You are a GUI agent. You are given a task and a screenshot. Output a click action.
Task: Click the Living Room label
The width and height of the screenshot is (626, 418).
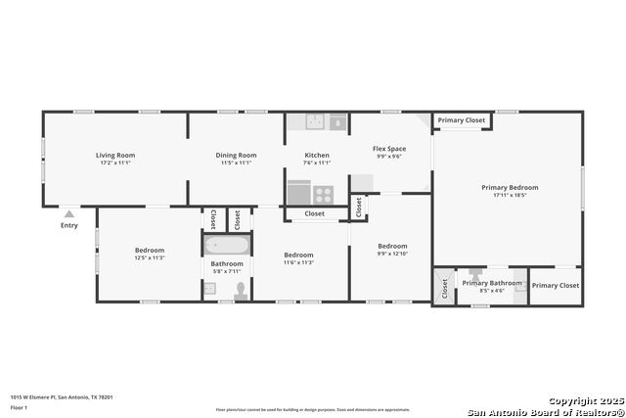coord(115,155)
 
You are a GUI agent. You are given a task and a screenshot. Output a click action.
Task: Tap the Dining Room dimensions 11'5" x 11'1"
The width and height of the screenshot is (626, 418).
coord(236,163)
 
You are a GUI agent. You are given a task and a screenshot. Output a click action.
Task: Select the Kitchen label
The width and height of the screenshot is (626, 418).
coord(317,155)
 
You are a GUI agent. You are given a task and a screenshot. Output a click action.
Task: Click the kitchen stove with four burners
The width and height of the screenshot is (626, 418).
coord(323,194)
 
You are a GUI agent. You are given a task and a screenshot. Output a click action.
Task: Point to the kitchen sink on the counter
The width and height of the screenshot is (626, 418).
coord(315,122)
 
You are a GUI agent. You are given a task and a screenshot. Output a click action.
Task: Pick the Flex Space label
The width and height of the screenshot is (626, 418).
coord(389,149)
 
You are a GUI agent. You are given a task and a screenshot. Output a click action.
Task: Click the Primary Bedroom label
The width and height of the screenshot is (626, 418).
coord(510,187)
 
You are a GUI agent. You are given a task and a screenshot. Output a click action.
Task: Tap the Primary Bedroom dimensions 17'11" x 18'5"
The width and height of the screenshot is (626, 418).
coord(510,195)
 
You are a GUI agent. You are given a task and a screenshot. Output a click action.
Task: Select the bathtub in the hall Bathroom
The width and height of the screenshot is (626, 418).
coord(227,245)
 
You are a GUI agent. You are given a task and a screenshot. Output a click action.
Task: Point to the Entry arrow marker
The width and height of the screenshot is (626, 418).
coord(68,212)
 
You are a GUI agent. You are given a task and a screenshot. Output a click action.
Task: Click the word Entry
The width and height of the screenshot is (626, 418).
coord(68,225)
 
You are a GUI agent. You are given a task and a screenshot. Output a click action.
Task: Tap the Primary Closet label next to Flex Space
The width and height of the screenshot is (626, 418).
coord(462,120)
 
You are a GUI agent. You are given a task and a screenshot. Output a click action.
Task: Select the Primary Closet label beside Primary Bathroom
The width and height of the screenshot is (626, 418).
coord(556,285)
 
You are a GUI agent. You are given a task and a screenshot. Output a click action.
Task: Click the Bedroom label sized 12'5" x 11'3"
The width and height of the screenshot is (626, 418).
coord(150,250)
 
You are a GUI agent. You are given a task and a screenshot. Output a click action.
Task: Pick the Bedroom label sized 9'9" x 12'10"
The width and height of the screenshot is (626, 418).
coord(392,246)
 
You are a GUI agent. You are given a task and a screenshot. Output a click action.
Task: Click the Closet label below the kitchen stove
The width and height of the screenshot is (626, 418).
coord(314,213)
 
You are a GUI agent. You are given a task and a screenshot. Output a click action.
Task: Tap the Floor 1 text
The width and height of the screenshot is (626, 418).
coord(20,406)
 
